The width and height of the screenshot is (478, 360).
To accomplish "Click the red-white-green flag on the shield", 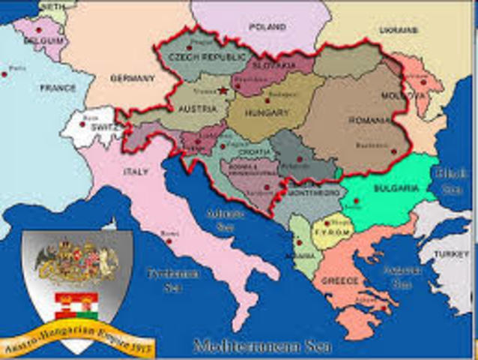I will click(78, 306).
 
